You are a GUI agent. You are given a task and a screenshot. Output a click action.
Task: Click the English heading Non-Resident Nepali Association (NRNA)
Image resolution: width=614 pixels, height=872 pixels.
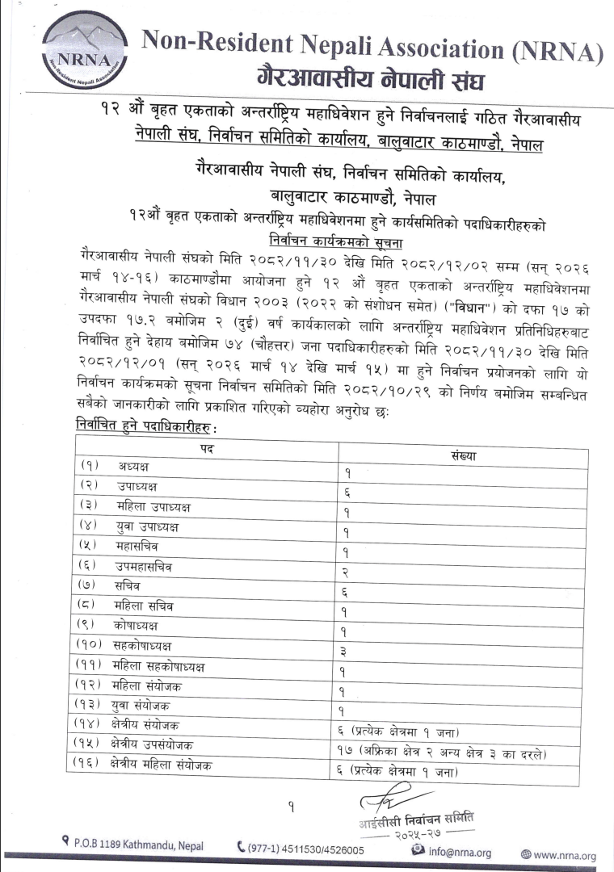[372, 48]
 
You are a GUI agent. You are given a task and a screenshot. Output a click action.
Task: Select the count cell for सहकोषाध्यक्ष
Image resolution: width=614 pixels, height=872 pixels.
[346, 651]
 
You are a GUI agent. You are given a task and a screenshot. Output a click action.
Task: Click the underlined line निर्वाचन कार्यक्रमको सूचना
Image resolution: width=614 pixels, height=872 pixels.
[337, 241]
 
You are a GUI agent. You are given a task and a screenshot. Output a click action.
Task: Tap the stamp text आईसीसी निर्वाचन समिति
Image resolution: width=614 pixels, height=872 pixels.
[416, 818]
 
